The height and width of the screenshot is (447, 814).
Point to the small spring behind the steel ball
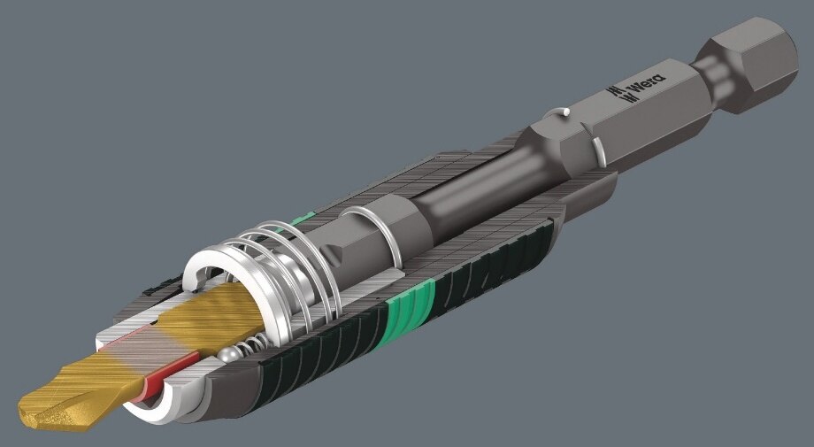253,343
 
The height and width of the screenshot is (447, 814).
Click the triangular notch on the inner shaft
333,254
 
